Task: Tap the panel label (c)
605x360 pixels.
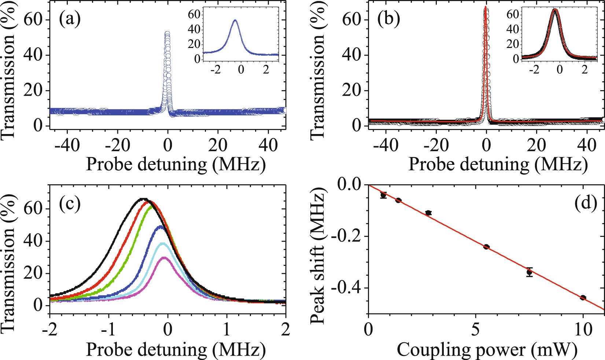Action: click(70, 204)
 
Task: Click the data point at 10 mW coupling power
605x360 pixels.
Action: click(583, 297)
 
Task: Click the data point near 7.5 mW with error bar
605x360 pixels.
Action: click(529, 272)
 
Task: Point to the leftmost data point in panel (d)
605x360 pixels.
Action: click(383, 195)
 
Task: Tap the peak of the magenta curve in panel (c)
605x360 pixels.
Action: click(165, 257)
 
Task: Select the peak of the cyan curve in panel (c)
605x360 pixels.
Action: click(162, 243)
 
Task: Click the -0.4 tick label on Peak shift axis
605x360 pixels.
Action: click(346, 288)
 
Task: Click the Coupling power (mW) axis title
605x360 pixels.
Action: click(487, 349)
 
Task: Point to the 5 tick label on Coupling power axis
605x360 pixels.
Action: click(475, 330)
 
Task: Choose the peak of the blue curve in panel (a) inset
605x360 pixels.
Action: click(235, 21)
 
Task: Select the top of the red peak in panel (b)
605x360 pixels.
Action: click(486, 7)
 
